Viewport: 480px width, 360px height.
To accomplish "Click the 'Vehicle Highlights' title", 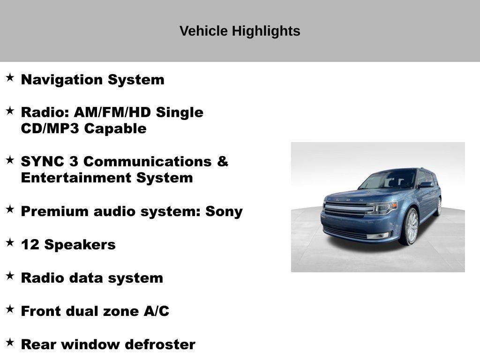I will point(240,31).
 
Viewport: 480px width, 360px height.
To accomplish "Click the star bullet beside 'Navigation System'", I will point(10,78).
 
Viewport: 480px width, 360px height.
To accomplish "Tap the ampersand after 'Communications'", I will point(223,162).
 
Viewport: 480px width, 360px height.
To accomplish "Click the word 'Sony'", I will point(224,211).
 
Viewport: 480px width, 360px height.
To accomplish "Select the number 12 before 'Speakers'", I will point(30,245).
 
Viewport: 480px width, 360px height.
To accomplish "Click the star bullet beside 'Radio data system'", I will point(10,276).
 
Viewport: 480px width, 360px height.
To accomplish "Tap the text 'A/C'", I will point(156,311).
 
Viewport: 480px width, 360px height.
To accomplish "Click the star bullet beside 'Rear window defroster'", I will point(10,343).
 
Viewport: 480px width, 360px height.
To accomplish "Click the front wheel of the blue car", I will point(410,227).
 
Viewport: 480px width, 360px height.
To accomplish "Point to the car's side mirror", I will point(426,185).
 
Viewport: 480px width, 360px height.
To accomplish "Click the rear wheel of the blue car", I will point(439,206).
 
